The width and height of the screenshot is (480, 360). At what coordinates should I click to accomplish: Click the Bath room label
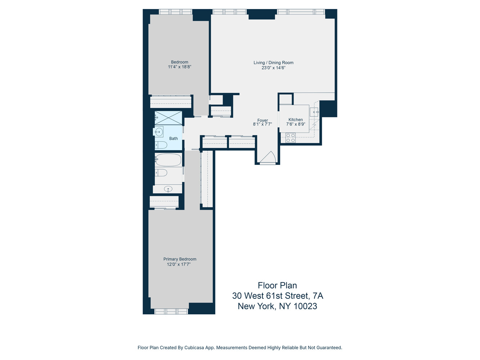tap(173, 138)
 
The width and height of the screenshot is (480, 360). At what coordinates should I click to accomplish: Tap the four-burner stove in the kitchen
tap(290, 138)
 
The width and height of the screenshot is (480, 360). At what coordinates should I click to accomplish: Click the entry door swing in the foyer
tap(268, 157)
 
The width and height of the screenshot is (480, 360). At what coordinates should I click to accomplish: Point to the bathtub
tap(168, 159)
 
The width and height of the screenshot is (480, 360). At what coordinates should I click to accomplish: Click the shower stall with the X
tap(168, 118)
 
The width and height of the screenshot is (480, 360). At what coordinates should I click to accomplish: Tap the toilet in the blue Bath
tap(161, 145)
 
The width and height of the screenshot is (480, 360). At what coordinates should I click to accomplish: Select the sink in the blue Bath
tap(158, 132)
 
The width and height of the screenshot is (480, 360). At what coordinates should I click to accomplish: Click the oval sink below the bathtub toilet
tap(168, 189)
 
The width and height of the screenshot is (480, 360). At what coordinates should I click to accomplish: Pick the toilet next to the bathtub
tap(161, 173)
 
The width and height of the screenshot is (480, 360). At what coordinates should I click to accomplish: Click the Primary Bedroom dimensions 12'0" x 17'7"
tap(179, 264)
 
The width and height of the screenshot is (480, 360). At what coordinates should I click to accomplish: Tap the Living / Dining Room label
tap(273, 63)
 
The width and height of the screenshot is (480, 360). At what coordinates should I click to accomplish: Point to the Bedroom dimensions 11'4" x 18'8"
tap(180, 67)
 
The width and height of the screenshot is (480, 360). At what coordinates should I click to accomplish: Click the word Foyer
tap(263, 120)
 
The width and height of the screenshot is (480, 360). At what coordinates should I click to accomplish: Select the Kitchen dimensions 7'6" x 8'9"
tap(296, 124)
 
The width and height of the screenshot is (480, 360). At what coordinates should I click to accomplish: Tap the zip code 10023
tap(305, 306)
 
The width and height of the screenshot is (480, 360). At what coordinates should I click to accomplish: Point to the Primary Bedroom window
tap(171, 311)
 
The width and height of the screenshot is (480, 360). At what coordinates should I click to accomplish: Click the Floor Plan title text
tap(277, 285)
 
